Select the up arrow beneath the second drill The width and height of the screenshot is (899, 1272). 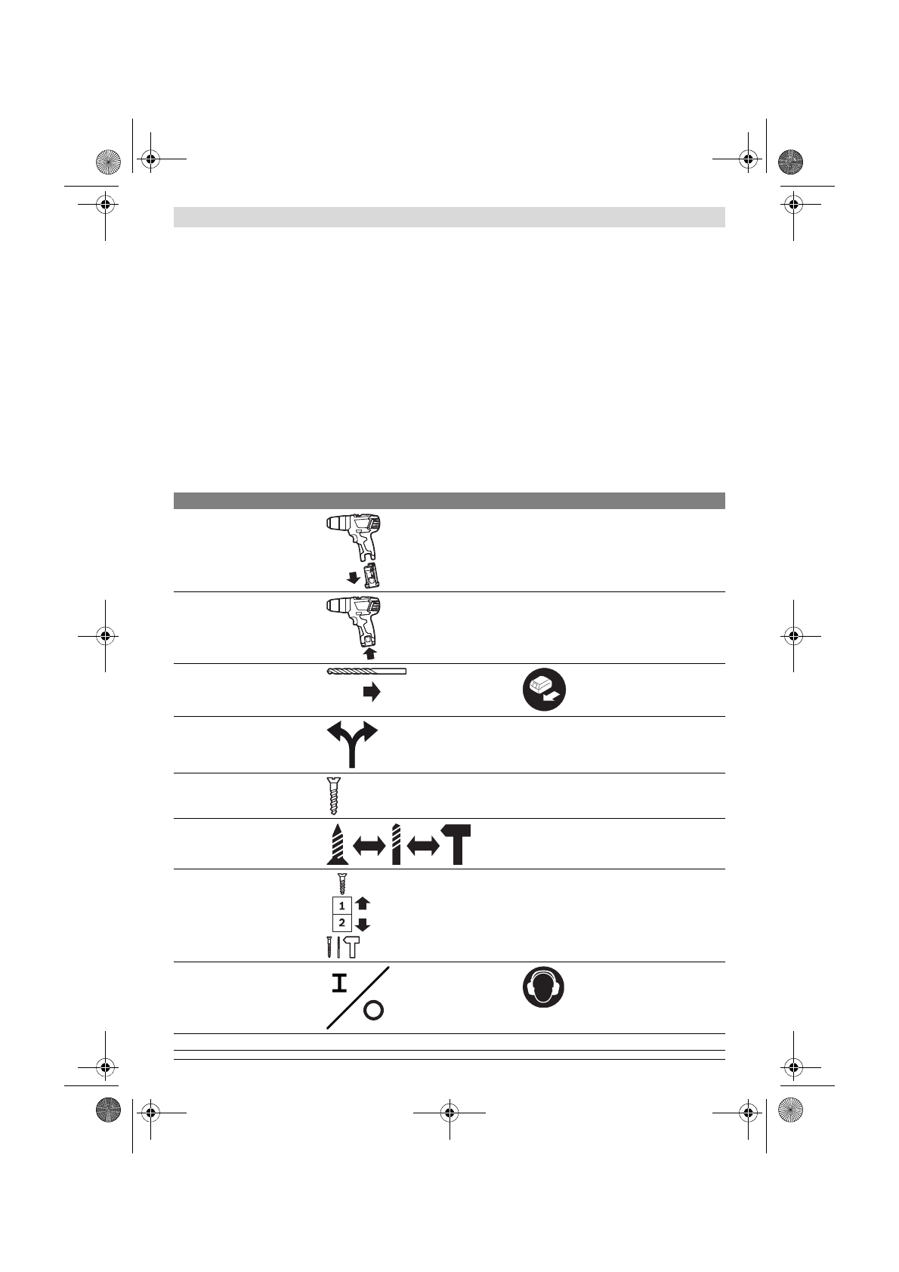tap(369, 652)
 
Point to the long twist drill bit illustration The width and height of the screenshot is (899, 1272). tap(366, 672)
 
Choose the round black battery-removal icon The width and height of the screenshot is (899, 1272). tap(545, 690)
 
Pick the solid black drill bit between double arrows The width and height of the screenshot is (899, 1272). tap(396, 844)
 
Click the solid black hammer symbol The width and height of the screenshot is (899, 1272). tap(455, 844)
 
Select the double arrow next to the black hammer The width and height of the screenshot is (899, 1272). tap(423, 847)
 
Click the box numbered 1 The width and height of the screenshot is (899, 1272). tap(342, 904)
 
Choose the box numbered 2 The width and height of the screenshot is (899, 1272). tap(342, 922)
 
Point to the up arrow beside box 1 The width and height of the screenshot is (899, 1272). tap(363, 903)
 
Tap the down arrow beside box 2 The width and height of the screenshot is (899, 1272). tap(363, 925)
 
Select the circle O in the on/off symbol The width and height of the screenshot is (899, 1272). tap(373, 1011)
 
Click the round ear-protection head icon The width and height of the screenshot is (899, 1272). tap(544, 987)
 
